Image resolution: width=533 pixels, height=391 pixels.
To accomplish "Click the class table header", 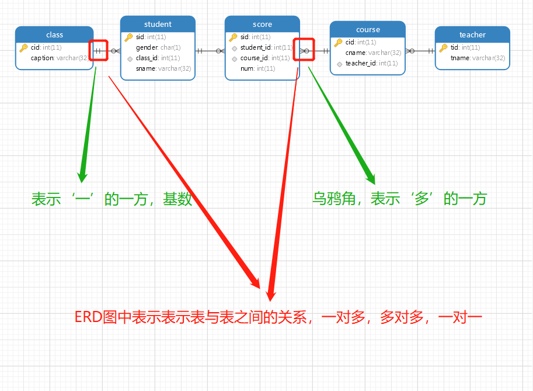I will [54, 34].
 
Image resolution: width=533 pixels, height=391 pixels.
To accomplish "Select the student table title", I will [158, 25].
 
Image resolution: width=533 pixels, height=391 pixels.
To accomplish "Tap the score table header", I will [262, 25].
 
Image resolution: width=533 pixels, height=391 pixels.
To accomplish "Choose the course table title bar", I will [368, 29].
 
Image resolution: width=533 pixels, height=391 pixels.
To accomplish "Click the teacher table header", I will [472, 34].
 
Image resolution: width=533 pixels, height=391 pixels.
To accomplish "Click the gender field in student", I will [158, 47].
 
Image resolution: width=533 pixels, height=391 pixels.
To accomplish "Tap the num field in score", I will [257, 68].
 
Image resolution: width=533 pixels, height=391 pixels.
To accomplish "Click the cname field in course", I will [368, 53].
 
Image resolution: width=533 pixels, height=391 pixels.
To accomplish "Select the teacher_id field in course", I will [371, 63].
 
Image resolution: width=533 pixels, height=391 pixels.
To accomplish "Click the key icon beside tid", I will [443, 47].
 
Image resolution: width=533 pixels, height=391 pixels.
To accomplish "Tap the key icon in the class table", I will [23, 47].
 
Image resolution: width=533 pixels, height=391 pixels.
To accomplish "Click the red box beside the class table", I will [99, 50].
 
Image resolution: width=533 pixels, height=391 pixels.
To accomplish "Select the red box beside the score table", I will [305, 50].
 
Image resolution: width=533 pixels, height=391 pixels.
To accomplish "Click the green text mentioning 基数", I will [112, 199].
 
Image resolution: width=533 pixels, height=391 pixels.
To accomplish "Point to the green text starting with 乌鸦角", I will [399, 199].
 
